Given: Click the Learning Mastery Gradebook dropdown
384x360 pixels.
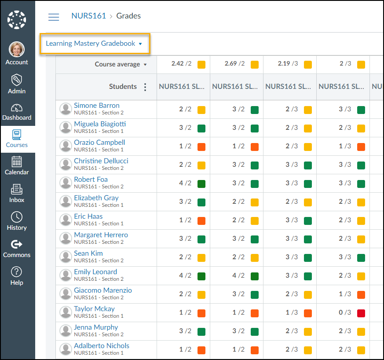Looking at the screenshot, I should [x=94, y=44].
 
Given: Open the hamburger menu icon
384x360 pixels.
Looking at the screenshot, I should [x=54, y=17].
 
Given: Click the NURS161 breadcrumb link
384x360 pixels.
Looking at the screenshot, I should [x=88, y=16].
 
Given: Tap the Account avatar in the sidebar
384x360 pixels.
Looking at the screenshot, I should [x=17, y=49].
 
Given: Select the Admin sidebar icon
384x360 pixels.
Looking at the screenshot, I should [x=17, y=80].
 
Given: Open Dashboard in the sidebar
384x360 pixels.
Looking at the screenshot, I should [x=17, y=108].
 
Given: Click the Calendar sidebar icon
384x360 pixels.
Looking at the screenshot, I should [x=17, y=162].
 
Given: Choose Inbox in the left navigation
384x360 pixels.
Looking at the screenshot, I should [x=17, y=189].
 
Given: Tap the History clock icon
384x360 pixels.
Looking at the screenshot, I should [x=17, y=217].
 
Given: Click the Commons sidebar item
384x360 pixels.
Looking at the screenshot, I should [x=17, y=244].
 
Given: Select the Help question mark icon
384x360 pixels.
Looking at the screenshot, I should [x=17, y=272].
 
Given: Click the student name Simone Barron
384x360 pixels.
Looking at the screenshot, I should [x=97, y=106].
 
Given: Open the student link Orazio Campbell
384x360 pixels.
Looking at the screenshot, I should [x=99, y=143].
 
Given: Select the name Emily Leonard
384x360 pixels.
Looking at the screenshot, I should [x=95, y=272].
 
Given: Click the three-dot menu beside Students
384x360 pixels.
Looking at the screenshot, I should [x=145, y=87].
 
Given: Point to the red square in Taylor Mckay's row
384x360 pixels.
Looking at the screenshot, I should [x=361, y=313].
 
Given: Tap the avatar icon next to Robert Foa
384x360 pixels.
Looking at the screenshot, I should [x=66, y=183].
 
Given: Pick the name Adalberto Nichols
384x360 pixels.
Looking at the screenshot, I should [x=102, y=346].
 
